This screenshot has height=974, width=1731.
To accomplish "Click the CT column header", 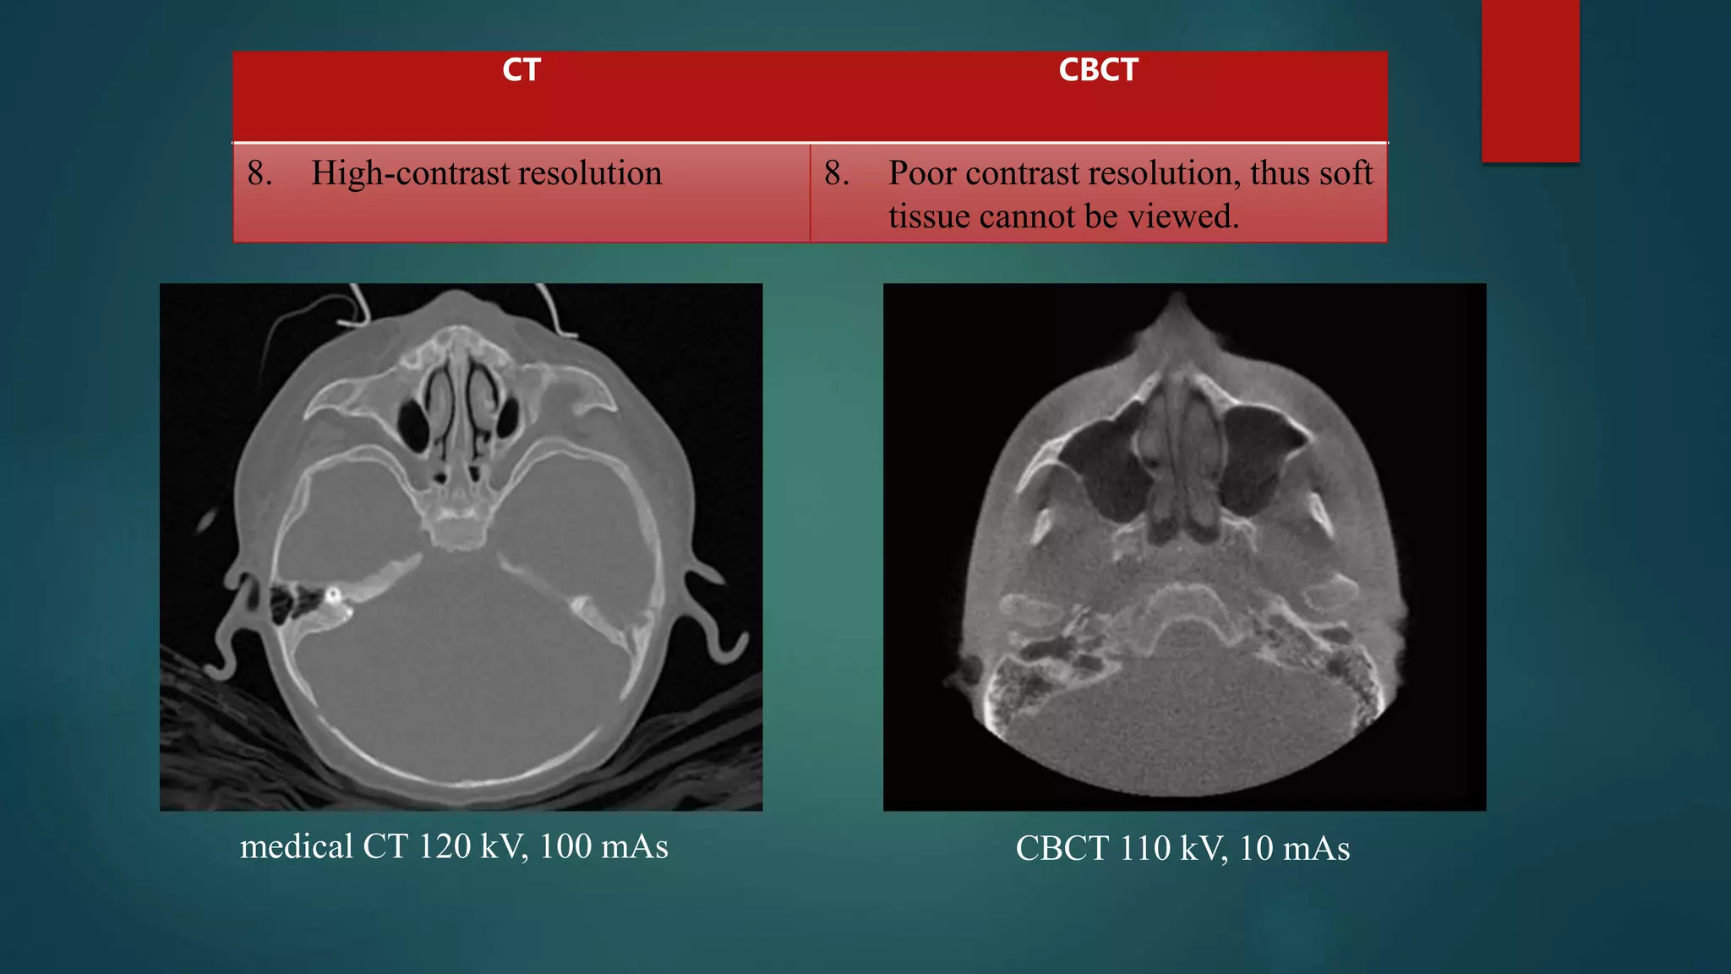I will pyautogui.click(x=521, y=70).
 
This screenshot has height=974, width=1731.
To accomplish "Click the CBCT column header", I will pyautogui.click(x=1098, y=70).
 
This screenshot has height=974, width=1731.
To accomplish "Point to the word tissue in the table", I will pyautogui.click(x=929, y=217).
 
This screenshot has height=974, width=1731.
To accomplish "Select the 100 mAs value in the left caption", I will pyautogui.click(x=603, y=847).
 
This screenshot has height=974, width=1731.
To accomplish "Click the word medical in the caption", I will pyautogui.click(x=296, y=847).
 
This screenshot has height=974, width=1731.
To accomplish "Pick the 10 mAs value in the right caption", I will pyautogui.click(x=1294, y=849).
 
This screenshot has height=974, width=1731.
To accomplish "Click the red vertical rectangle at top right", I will pyautogui.click(x=1530, y=80).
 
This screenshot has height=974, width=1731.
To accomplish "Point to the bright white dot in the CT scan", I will pyautogui.click(x=333, y=594).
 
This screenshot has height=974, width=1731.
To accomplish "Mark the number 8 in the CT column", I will pyautogui.click(x=258, y=173).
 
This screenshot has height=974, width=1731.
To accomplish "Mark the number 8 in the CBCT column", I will pyautogui.click(x=835, y=173).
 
